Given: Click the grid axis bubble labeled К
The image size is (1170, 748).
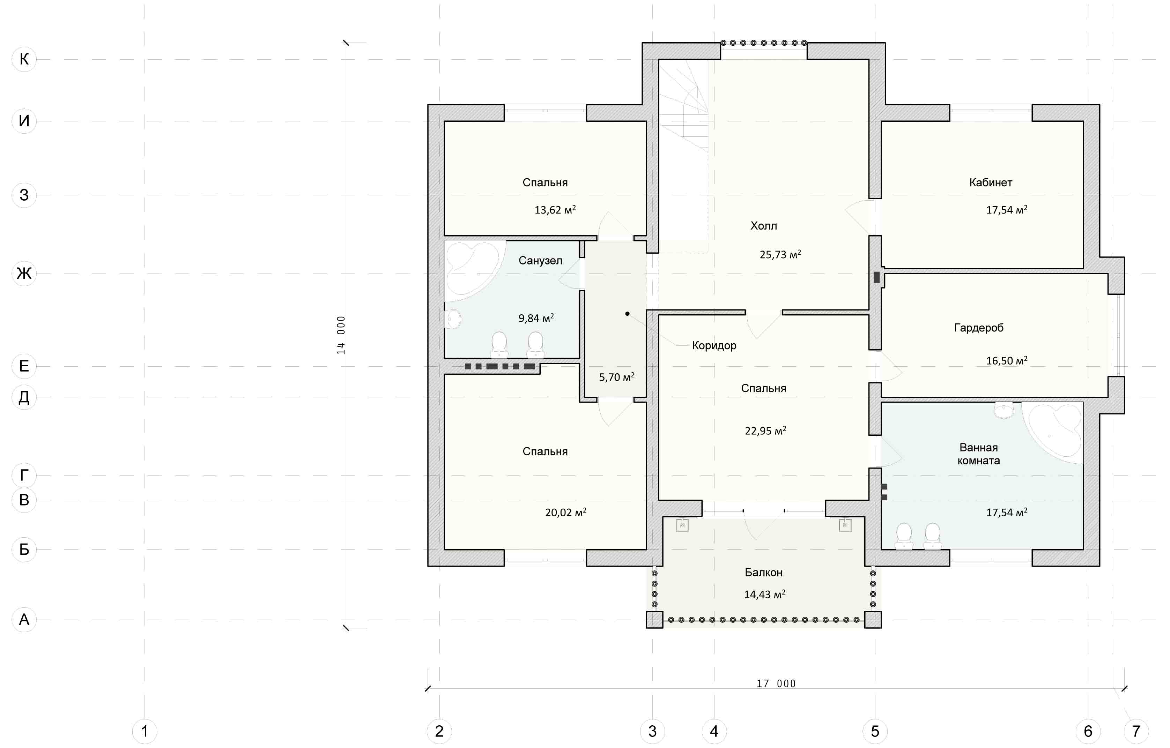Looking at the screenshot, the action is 24,59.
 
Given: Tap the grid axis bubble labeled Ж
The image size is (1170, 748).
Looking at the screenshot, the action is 24,274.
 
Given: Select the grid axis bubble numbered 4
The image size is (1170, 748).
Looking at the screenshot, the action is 714,731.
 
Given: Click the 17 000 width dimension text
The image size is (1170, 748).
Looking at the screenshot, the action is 776,684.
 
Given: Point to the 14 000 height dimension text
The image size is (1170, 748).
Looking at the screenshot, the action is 341,335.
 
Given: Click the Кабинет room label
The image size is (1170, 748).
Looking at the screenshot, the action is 991,182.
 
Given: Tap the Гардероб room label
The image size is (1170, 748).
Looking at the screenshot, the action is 979,328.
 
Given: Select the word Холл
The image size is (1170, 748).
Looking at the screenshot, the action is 763,226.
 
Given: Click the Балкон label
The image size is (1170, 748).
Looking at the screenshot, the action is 763,573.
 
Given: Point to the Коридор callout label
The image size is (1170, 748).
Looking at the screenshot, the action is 714,346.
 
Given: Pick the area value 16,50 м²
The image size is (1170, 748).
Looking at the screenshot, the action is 1007,361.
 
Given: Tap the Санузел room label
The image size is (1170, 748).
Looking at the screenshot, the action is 540,261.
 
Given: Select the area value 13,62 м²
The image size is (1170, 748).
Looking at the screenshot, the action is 555,210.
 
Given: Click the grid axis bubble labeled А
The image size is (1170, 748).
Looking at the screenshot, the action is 24,620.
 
